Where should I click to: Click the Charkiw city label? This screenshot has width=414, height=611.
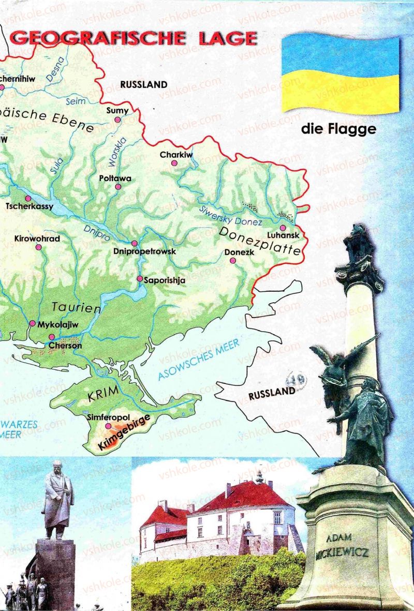point(176,154)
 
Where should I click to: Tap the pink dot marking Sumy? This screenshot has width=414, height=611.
point(118,120)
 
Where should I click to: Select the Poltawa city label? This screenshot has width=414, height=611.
point(115,178)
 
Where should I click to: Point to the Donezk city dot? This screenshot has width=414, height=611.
point(233,262)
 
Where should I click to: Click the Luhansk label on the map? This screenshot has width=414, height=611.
point(285,236)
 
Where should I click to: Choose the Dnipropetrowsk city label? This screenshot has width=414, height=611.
point(144,252)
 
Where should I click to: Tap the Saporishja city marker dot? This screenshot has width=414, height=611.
point(140,279)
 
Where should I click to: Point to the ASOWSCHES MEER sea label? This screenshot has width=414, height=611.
point(199,361)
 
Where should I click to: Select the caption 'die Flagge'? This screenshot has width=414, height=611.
point(338,129)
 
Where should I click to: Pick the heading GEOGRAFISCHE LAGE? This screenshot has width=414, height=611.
point(134,38)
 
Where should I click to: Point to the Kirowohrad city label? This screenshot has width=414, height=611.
point(37,239)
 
